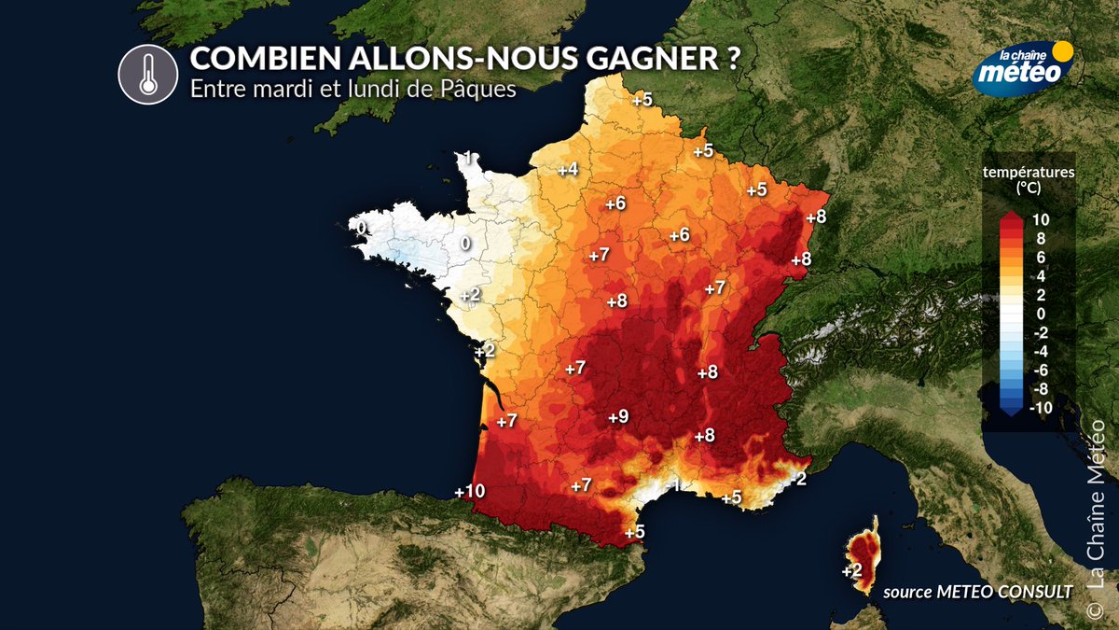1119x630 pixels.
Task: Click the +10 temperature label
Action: (x=470, y=491)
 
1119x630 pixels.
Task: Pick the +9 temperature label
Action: (x=617, y=416)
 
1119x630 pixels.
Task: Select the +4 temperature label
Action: (x=568, y=169)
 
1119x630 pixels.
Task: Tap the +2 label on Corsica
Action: (x=850, y=570)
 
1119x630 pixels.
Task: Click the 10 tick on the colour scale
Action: (x=1041, y=219)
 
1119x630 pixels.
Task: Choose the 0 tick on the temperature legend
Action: (x=1041, y=313)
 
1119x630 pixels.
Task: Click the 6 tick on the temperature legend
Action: (x=1041, y=257)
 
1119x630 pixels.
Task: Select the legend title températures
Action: (x=1029, y=172)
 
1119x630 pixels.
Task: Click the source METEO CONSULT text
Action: (x=976, y=590)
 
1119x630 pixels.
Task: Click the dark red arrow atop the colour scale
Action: (x=1011, y=217)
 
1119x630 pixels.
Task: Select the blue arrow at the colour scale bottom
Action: (x=1011, y=408)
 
